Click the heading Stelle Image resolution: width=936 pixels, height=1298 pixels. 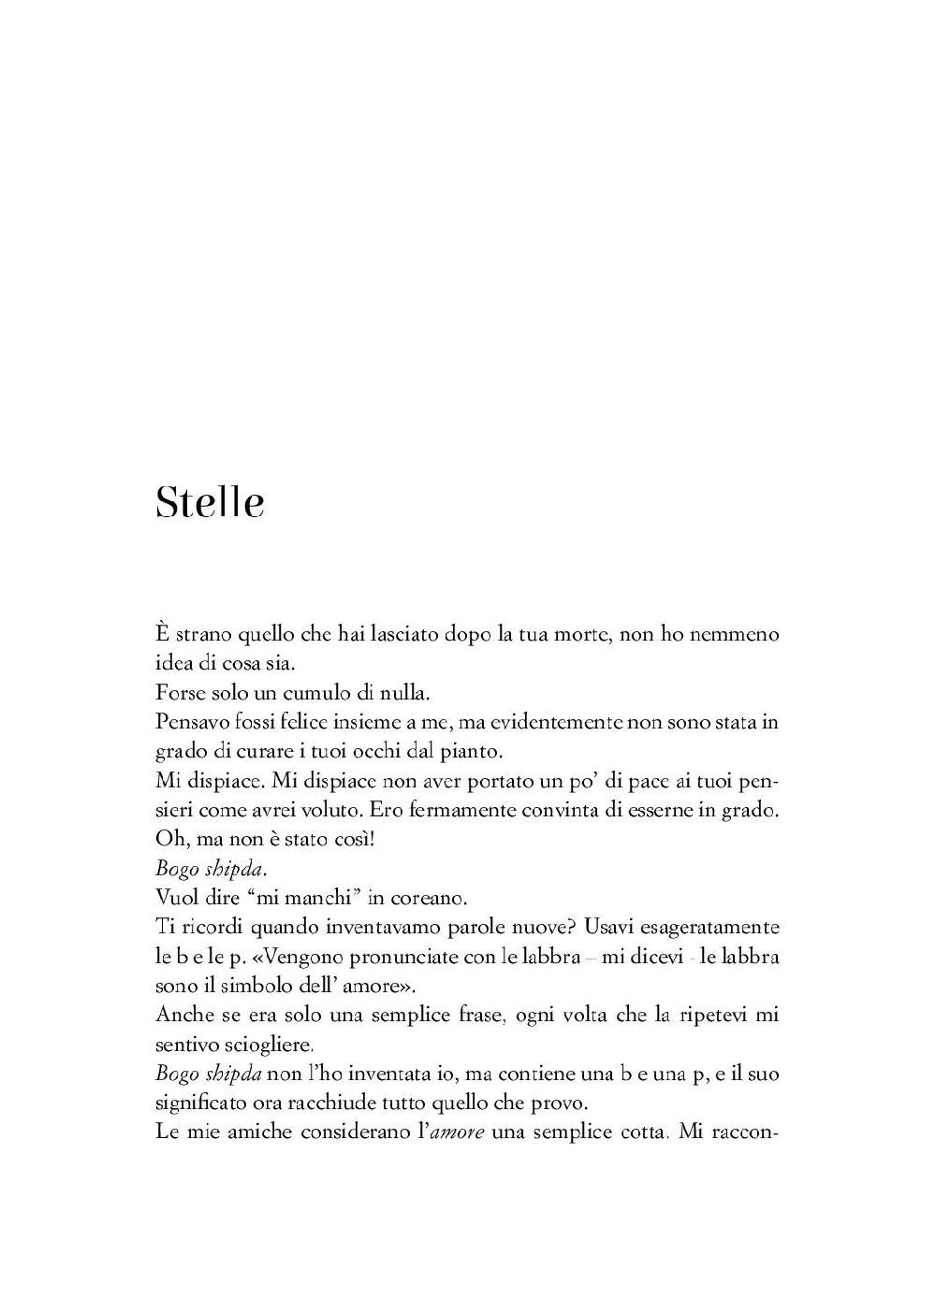click(x=210, y=502)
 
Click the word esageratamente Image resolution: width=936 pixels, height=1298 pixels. click(x=695, y=928)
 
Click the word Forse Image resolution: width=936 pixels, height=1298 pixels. click(x=179, y=693)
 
